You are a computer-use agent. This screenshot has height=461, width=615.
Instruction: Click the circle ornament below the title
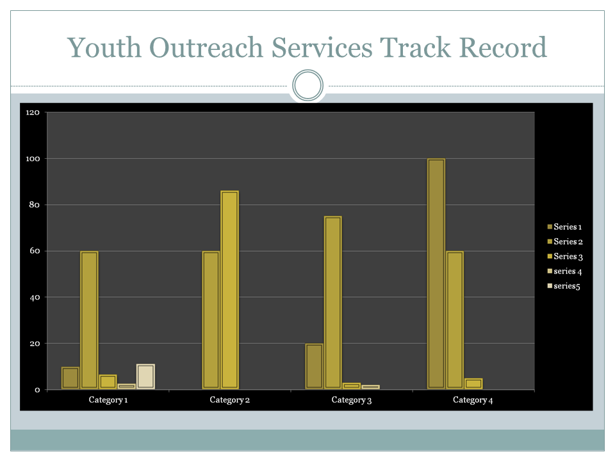(x=307, y=86)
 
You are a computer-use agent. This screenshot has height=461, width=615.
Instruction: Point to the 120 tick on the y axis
(x=33, y=113)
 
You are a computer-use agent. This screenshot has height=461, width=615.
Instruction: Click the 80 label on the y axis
(x=35, y=205)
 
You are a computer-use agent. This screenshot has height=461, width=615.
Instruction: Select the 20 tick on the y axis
(x=35, y=343)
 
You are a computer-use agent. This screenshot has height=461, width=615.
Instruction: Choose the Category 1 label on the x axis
(x=108, y=400)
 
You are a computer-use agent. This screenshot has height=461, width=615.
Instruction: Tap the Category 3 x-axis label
(x=352, y=400)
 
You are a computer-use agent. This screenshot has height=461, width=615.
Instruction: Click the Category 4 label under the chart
(x=473, y=400)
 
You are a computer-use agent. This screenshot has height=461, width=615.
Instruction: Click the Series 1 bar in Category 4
(x=436, y=274)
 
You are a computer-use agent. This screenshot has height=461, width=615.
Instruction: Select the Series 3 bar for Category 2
(x=229, y=289)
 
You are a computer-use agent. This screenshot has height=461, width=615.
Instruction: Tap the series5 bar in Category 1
(x=145, y=376)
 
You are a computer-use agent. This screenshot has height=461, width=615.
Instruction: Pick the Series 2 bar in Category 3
(x=333, y=302)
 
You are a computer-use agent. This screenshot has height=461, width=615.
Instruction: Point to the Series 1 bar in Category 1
(x=70, y=378)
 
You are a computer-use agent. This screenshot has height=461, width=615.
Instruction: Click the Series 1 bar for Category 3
(x=315, y=366)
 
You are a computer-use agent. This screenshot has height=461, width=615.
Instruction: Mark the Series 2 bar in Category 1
(x=89, y=320)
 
